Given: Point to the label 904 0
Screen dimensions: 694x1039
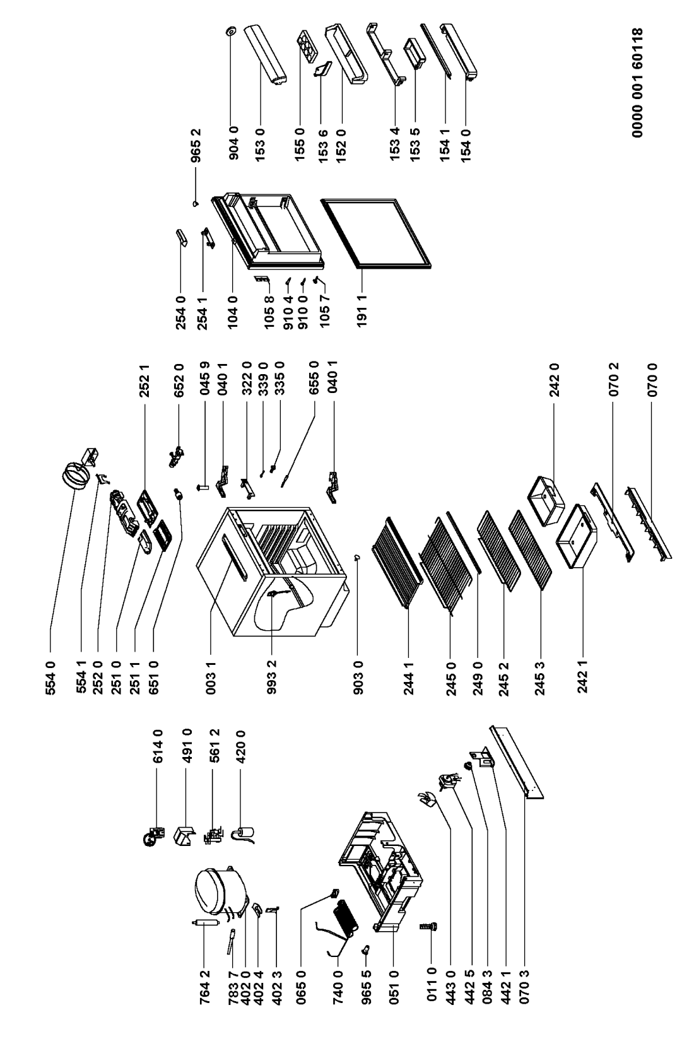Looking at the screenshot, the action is tap(233, 143).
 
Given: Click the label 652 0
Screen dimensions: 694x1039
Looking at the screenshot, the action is tap(180, 380).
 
